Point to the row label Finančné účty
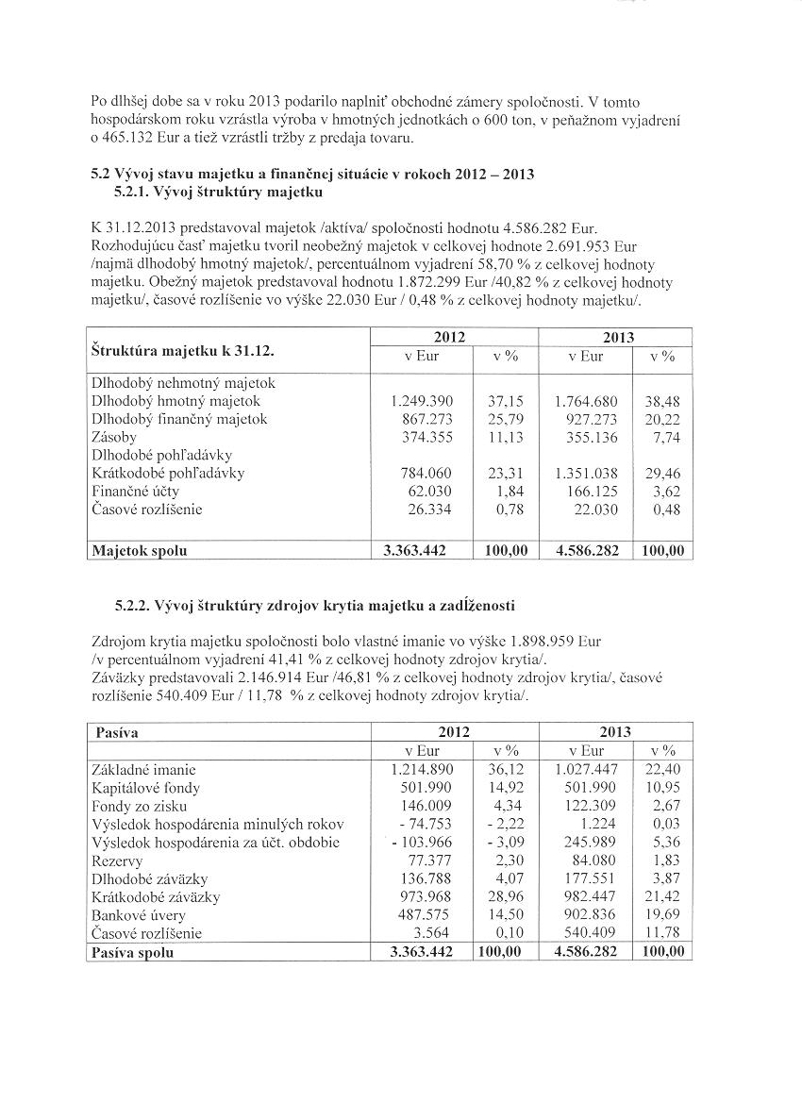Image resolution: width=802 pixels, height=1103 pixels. point(135,492)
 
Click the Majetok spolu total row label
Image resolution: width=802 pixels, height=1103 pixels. point(139,550)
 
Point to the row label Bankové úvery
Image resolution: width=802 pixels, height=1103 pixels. point(139,915)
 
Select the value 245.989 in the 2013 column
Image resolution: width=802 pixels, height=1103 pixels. point(591,843)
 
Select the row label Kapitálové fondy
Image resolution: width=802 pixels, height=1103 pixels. point(145,788)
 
